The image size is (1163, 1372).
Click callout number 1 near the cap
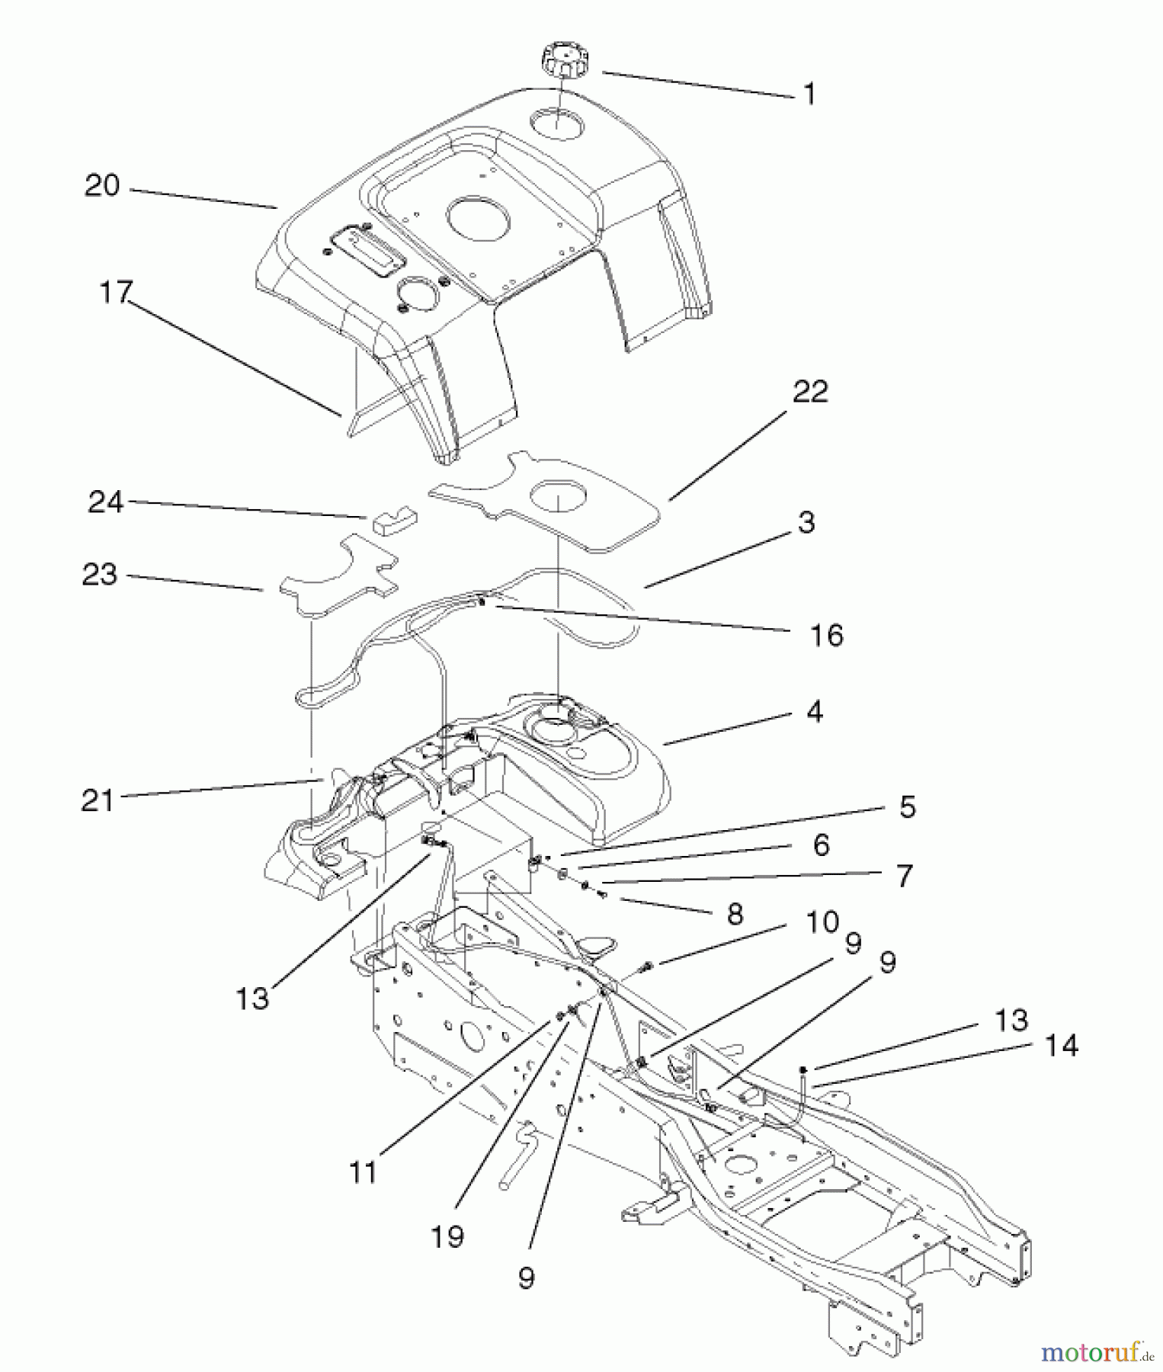(x=809, y=95)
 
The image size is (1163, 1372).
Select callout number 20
(x=102, y=185)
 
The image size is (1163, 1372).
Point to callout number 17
(x=116, y=293)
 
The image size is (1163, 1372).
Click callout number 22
(x=810, y=392)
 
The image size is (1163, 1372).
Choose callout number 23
(x=100, y=575)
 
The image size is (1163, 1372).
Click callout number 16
(x=827, y=635)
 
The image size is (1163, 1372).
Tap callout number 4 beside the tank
(x=814, y=712)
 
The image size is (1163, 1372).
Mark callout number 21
(x=97, y=801)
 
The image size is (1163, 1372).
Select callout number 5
(x=906, y=806)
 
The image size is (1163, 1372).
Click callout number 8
(x=734, y=913)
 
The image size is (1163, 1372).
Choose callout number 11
(x=364, y=1172)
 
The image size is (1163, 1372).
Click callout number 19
(x=447, y=1236)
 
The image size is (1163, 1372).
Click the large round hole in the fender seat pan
(x=477, y=214)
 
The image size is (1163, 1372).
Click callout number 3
(x=806, y=522)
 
